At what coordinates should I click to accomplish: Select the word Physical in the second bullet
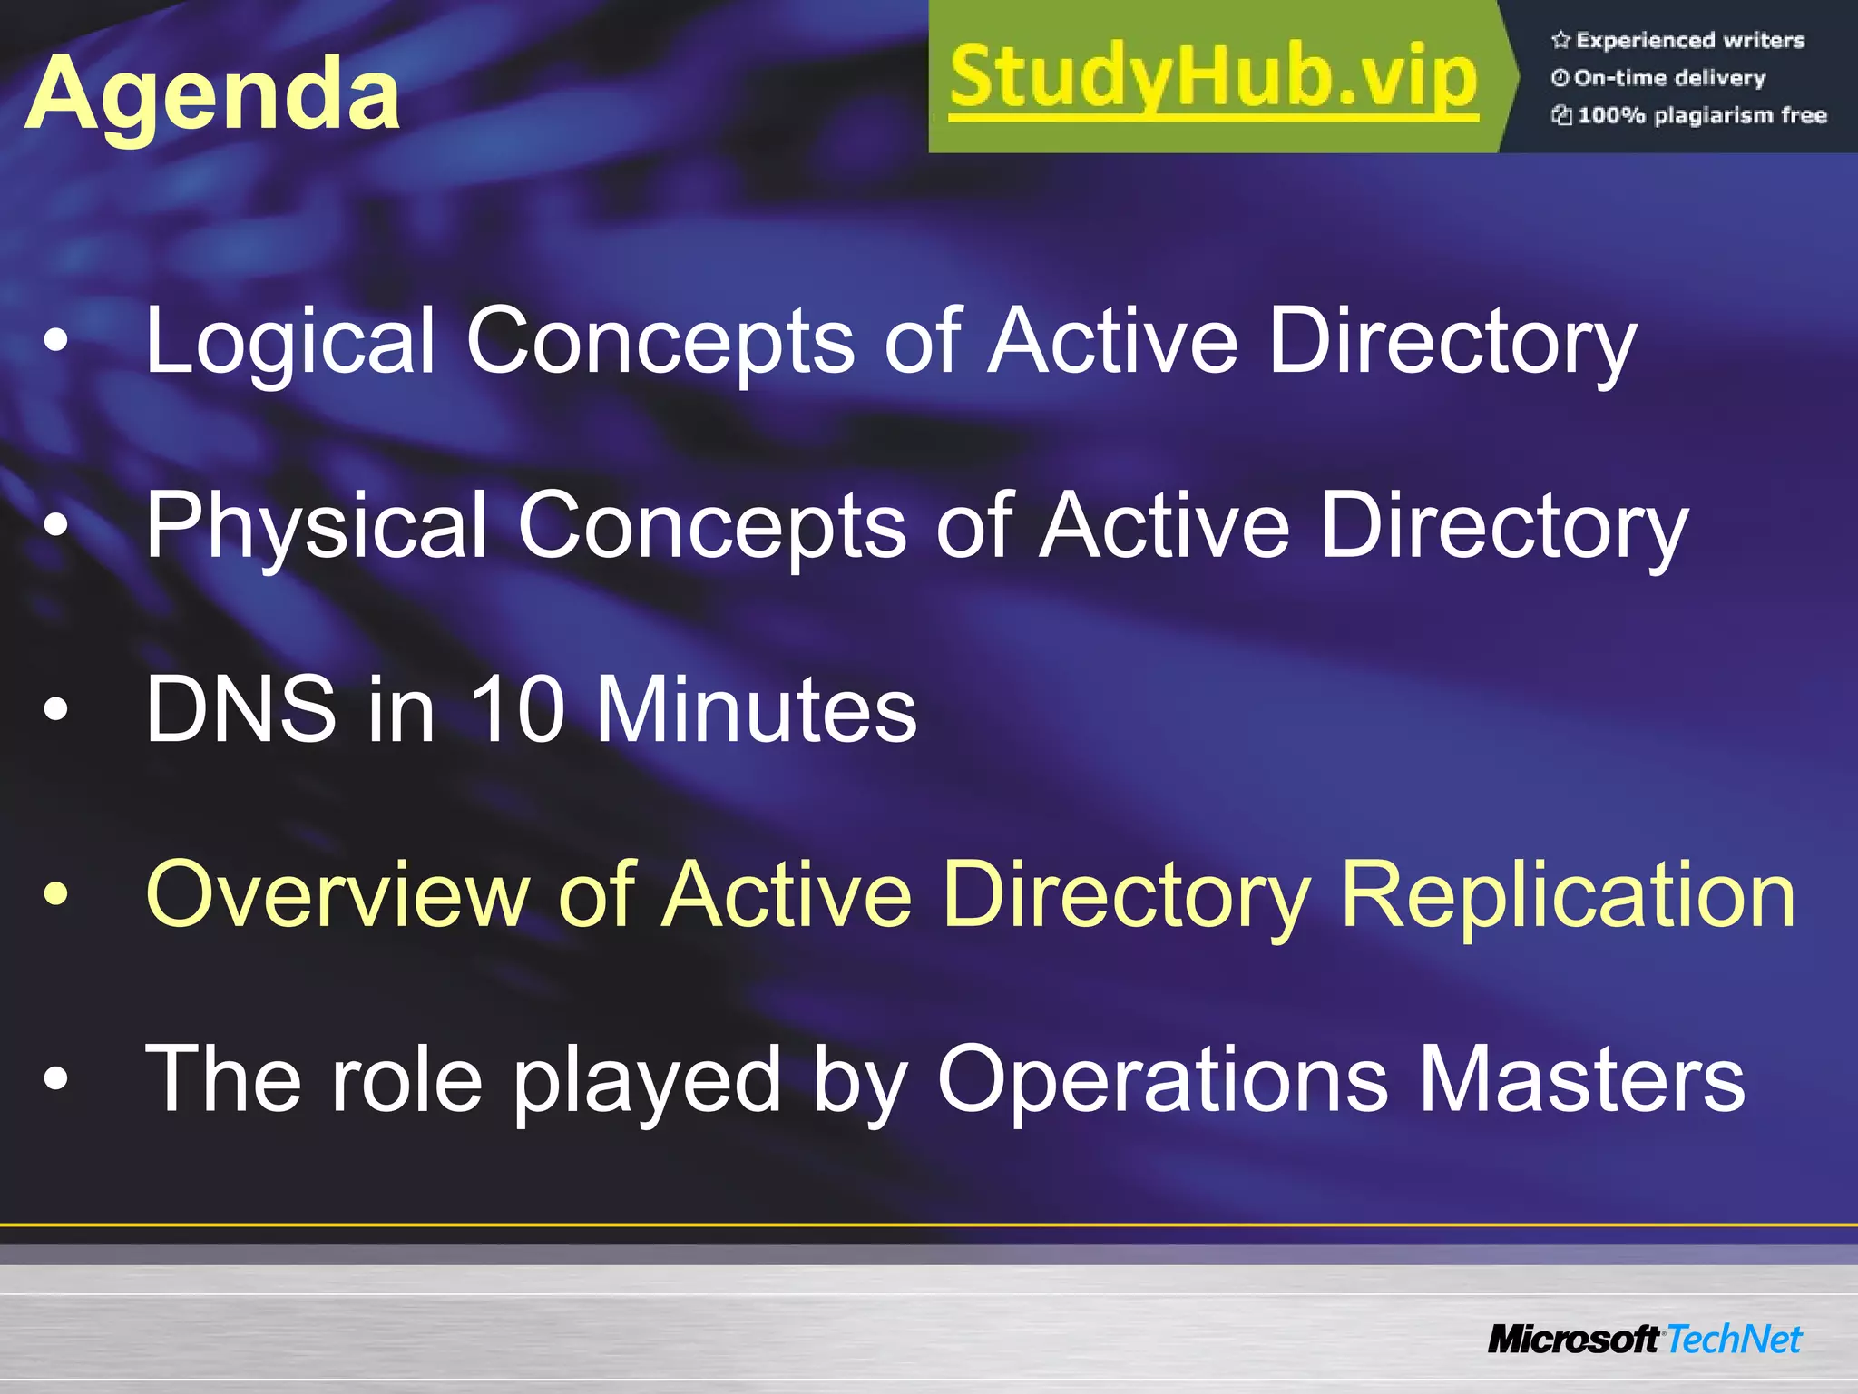[x=317, y=526]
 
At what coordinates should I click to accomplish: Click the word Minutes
[x=756, y=709]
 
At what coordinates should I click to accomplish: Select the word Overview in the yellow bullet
[x=337, y=895]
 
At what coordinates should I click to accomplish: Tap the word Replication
[x=1568, y=895]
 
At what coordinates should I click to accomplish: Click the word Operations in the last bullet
[x=1162, y=1079]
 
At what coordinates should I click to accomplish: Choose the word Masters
[x=1580, y=1079]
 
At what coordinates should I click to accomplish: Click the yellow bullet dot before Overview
[x=56, y=895]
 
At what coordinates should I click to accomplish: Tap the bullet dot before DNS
[x=56, y=710]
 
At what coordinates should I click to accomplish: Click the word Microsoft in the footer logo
[x=1572, y=1339]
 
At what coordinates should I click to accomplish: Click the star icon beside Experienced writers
[x=1560, y=40]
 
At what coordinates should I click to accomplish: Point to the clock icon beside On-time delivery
[x=1560, y=78]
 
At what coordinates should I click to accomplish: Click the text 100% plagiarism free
[x=1702, y=115]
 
